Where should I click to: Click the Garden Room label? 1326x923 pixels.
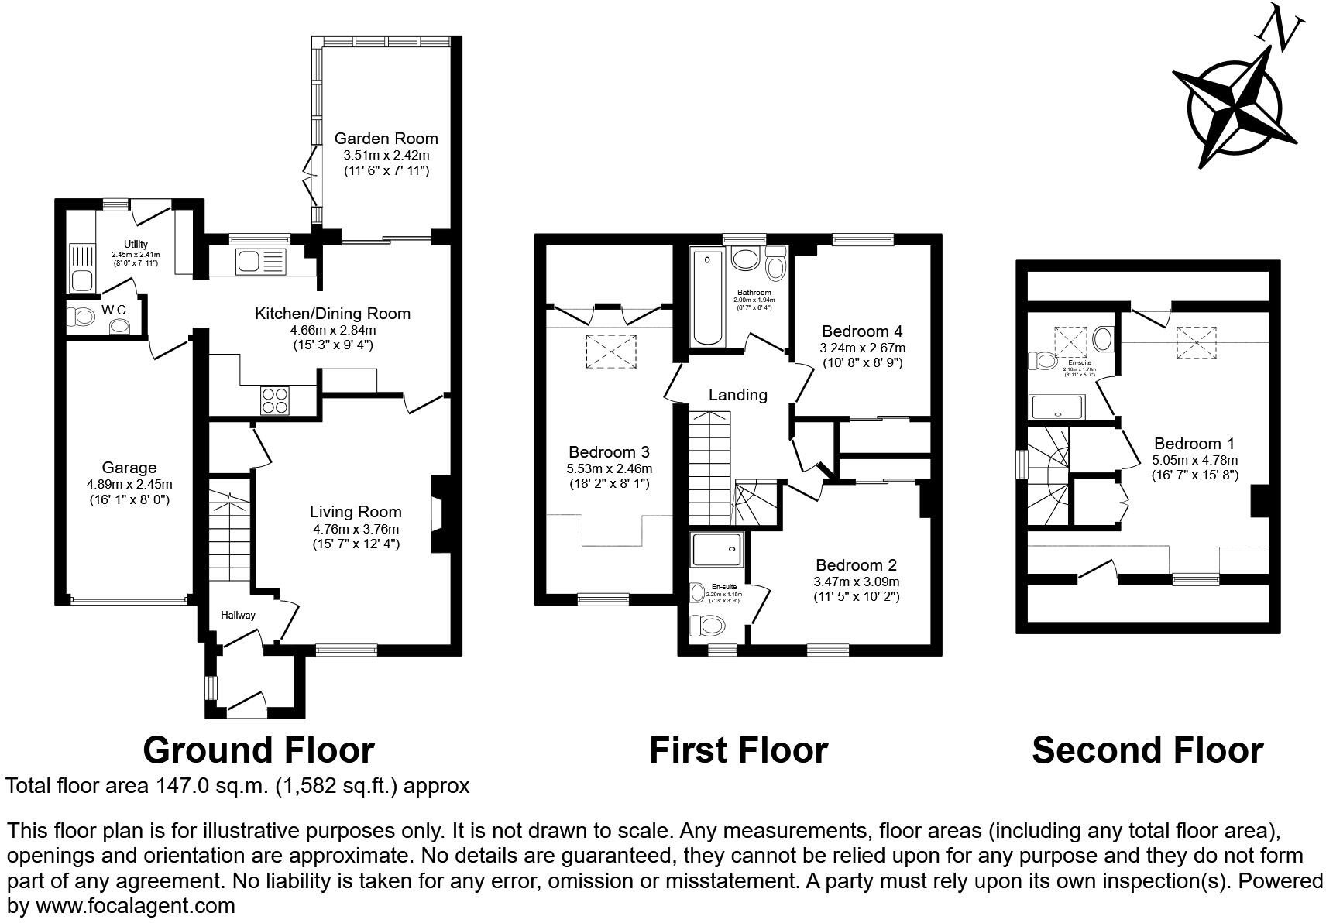click(386, 139)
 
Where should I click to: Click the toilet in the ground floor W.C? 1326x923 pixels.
click(78, 316)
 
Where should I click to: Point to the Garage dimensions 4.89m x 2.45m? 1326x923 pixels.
click(129, 484)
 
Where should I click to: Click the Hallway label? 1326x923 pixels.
click(238, 615)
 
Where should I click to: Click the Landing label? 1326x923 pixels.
click(737, 395)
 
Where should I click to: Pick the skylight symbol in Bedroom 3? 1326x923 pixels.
click(612, 352)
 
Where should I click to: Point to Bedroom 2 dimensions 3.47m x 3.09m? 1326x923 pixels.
click(856, 581)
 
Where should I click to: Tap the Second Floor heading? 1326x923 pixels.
click(1146, 750)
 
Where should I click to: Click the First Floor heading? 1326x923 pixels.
click(737, 750)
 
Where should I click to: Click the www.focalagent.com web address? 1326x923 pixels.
click(135, 905)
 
